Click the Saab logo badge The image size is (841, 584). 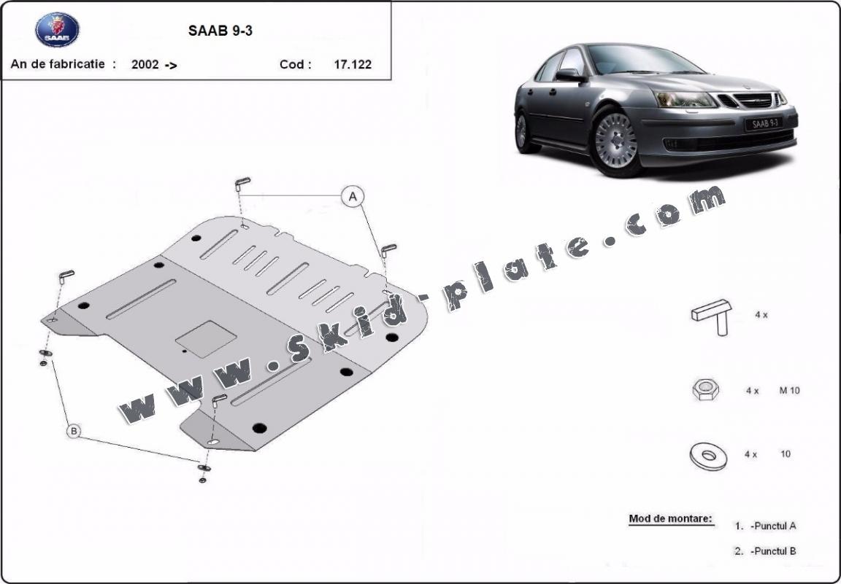tap(58, 30)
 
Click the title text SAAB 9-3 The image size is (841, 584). tap(220, 31)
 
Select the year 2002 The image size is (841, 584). tap(145, 65)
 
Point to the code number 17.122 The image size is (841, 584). tap(353, 65)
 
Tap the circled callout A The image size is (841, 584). tap(353, 197)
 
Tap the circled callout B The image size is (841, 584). tap(74, 430)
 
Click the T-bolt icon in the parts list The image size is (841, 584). tap(713, 316)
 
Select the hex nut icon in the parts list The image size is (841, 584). tap(706, 389)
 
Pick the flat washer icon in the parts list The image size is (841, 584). tap(708, 456)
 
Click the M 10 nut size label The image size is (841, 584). tap(789, 391)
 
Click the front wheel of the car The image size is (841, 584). tap(615, 141)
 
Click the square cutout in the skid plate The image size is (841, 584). tap(206, 339)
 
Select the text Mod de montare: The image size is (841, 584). tap(670, 518)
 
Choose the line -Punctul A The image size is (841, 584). tap(773, 526)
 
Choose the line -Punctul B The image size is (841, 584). tap(773, 550)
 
